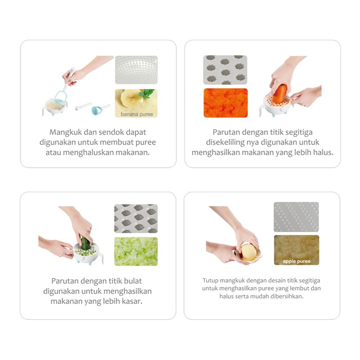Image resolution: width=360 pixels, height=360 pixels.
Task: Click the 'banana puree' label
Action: click(137, 114)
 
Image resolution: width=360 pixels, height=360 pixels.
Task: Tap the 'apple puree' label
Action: click(296, 261)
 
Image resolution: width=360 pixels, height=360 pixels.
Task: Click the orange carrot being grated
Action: click(280, 94)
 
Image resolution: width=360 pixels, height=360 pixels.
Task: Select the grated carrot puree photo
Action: click(226, 103)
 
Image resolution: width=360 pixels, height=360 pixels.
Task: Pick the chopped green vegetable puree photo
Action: click(136, 251)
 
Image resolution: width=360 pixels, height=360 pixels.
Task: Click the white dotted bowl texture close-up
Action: click(136, 70)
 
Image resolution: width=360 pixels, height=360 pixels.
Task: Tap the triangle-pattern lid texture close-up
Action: click(296, 217)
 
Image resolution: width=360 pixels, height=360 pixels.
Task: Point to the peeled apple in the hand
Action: click(248, 252)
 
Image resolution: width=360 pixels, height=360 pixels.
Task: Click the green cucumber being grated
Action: click(85, 244)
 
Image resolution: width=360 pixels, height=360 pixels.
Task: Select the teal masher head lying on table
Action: click(97, 110)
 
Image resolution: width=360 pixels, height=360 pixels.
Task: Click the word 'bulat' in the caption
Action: click(133, 281)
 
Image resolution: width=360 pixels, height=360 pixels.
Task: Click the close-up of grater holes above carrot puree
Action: click(225, 70)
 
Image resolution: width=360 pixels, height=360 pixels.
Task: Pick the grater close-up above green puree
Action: click(136, 219)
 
